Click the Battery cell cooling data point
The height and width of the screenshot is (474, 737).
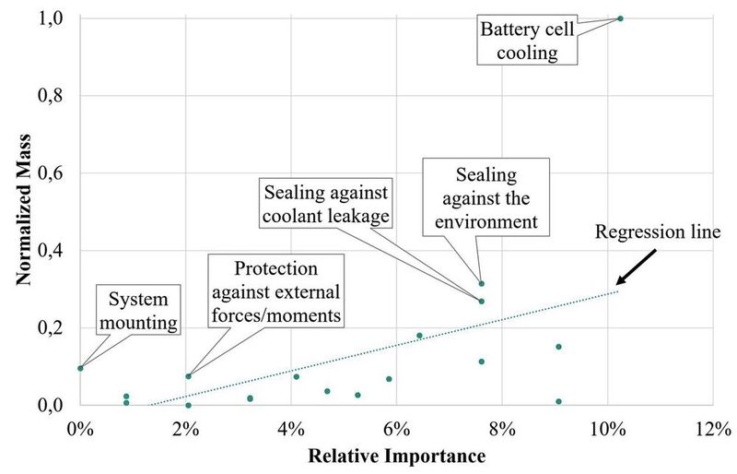[x=620, y=18]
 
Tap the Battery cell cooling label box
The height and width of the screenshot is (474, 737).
[x=528, y=41]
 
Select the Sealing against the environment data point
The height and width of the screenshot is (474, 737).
[x=481, y=283]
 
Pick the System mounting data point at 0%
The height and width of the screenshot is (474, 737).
[x=80, y=368]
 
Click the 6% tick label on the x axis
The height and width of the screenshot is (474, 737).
[x=396, y=429]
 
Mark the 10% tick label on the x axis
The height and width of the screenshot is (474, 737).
[x=606, y=429]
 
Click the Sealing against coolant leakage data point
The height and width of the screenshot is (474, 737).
[x=481, y=302]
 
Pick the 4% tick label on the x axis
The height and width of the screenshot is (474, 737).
[x=291, y=429]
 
